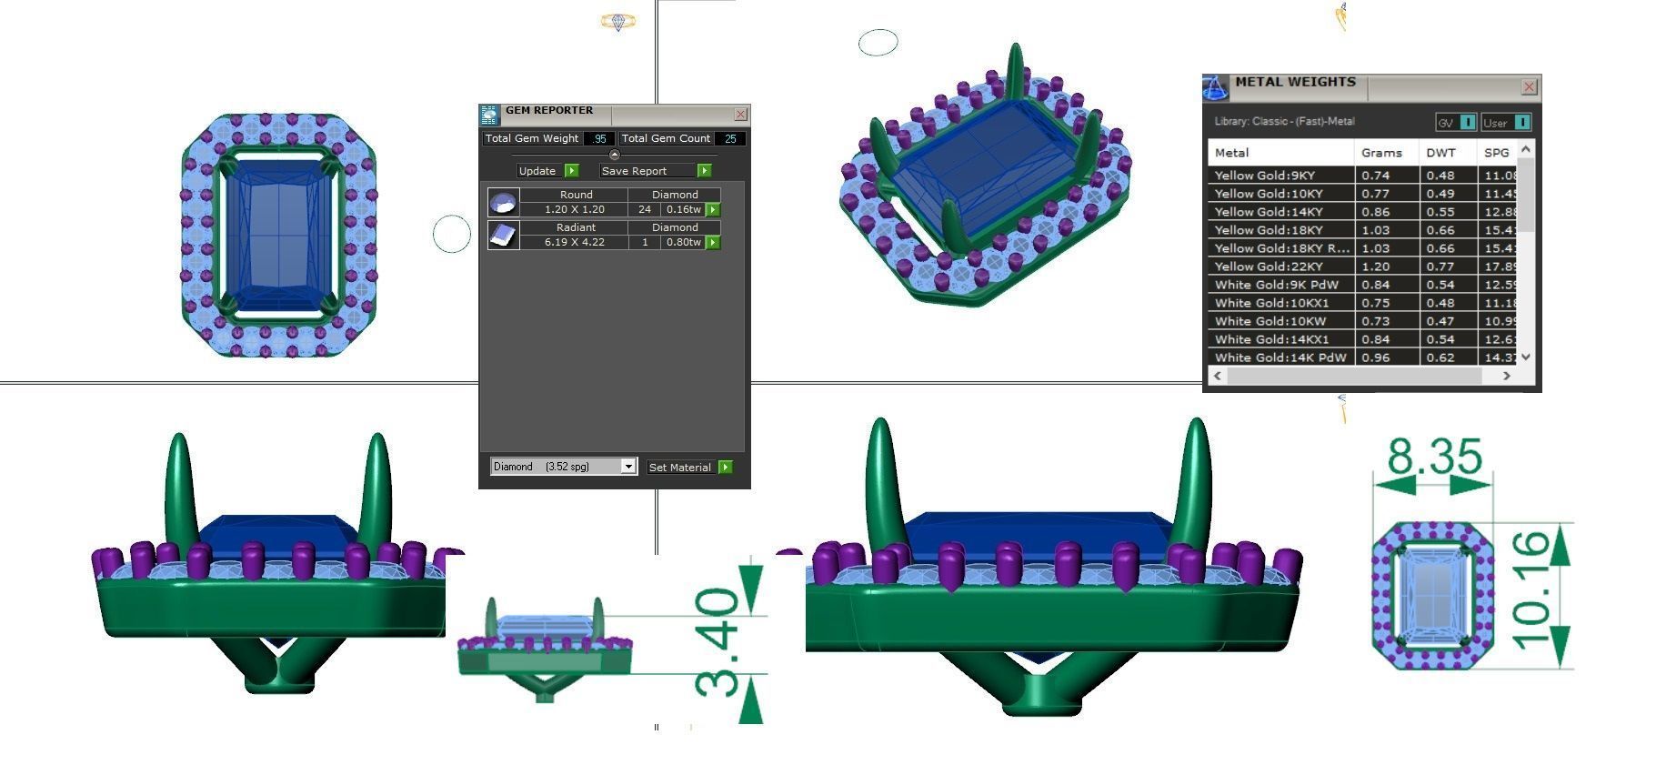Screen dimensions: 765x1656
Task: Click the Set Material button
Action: [x=688, y=467]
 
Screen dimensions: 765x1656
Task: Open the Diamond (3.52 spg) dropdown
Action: [x=627, y=467]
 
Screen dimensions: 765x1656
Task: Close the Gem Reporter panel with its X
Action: [x=740, y=115]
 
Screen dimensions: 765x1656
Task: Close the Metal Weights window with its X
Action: [x=1529, y=87]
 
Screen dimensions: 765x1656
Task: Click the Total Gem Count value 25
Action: [x=729, y=139]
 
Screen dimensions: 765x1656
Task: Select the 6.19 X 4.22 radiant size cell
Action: [x=574, y=242]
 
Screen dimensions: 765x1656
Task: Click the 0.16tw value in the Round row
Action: [x=684, y=209]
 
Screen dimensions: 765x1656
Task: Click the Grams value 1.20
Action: [x=1375, y=267]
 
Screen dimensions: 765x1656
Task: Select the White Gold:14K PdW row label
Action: [x=1280, y=357]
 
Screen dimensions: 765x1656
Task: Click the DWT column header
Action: [x=1440, y=153]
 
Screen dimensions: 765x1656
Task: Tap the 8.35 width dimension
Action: [x=1434, y=458]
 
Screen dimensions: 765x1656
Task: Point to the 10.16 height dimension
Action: [x=1532, y=591]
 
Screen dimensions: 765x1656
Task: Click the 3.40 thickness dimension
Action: [x=719, y=641]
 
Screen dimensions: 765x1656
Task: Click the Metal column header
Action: [x=1231, y=153]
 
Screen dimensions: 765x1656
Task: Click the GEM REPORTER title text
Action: [x=549, y=111]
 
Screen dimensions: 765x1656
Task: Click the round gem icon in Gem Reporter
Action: [x=503, y=202]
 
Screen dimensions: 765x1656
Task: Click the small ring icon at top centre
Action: [x=617, y=21]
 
